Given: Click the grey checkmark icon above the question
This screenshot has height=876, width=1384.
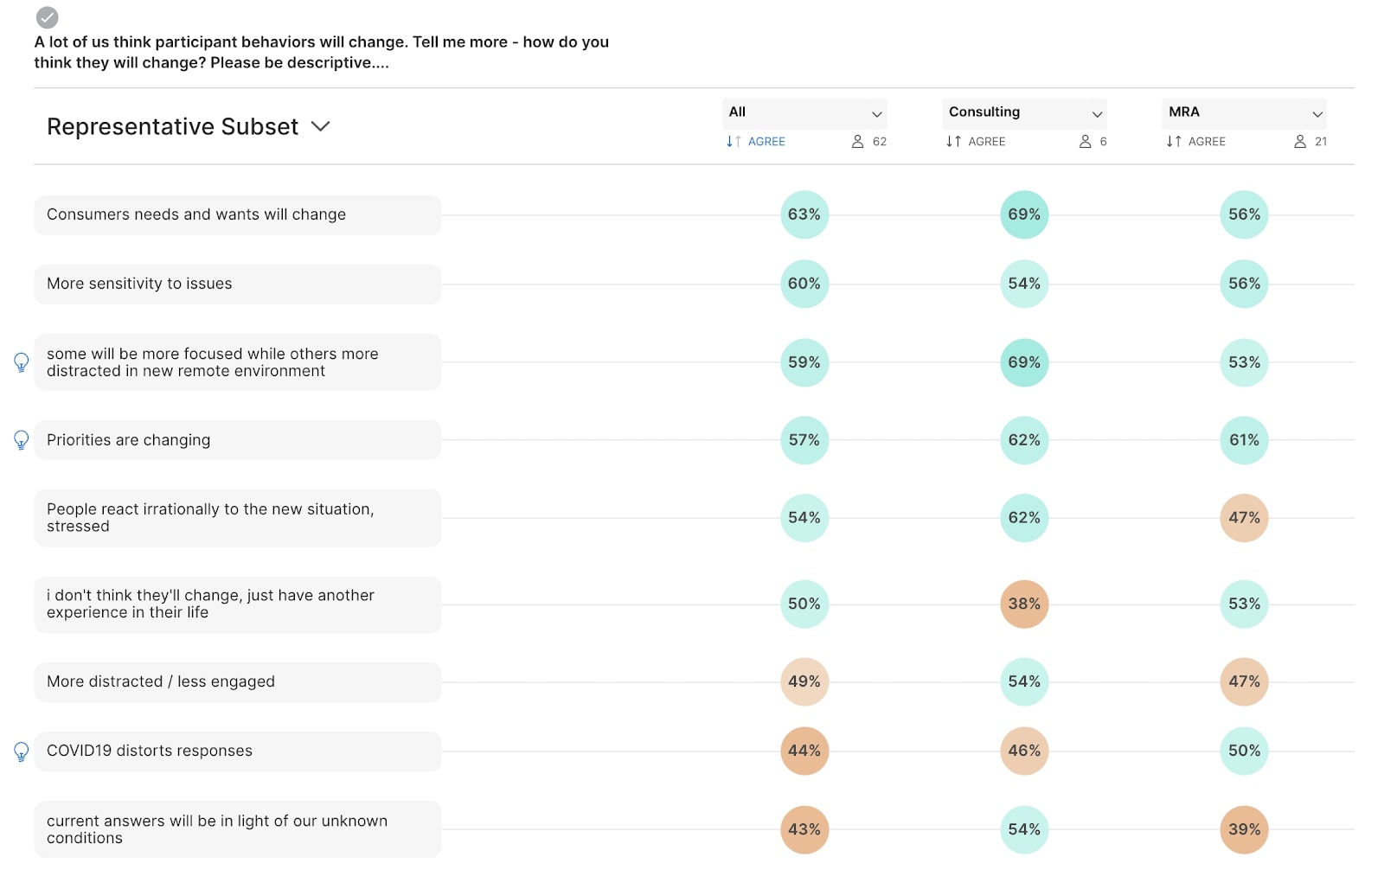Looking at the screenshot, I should tap(48, 17).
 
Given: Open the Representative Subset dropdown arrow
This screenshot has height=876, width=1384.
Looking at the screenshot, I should tap(320, 126).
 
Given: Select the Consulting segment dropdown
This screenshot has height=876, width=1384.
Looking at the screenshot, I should tap(1023, 112).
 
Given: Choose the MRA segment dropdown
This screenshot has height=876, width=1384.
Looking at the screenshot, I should tap(1243, 112).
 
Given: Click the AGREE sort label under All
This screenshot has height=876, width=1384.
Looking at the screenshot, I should tap(766, 142).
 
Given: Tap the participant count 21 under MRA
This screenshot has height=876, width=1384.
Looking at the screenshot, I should tap(1320, 142).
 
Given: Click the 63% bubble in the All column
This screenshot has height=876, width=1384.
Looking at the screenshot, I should tap(804, 214).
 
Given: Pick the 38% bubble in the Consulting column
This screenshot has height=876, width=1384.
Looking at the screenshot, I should tap(1023, 604).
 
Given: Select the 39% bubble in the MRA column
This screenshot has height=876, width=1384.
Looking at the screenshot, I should tap(1244, 829).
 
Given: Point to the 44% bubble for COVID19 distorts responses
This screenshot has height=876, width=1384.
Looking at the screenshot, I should tap(804, 751).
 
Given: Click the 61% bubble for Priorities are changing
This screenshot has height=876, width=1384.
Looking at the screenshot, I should tap(1244, 440).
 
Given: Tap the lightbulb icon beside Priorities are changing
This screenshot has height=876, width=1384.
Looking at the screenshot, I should tap(22, 440).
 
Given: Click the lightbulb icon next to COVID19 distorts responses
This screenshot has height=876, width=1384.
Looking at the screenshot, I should tap(22, 751).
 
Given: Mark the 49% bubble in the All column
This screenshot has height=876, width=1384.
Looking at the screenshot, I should tap(804, 681).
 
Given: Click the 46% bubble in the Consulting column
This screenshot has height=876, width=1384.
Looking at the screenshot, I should tap(1023, 751).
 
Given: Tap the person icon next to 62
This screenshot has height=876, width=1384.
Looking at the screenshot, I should tap(857, 142).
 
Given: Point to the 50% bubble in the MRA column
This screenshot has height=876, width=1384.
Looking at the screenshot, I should tap(1244, 751).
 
